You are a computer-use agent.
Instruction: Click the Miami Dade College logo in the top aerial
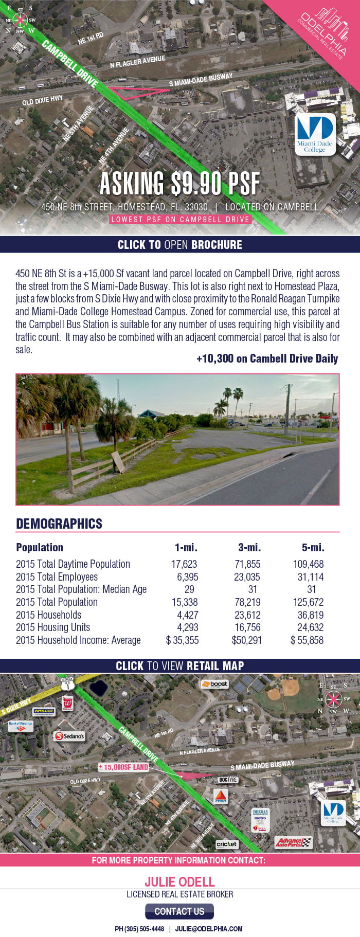coord(315,134)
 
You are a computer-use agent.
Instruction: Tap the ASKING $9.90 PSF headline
coord(179,183)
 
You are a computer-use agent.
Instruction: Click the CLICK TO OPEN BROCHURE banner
coord(179,244)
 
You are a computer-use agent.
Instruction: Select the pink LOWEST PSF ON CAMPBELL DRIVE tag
coord(179,220)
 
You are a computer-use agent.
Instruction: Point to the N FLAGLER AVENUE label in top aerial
coord(137,62)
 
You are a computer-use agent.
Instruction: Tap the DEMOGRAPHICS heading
coord(59,524)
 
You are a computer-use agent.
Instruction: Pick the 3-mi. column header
coord(249,547)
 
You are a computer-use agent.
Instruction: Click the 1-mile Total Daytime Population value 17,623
coord(184,564)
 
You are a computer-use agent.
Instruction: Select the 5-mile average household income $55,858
coord(307,640)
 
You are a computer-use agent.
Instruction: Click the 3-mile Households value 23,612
coord(247,615)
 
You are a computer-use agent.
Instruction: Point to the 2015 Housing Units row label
coord(53,627)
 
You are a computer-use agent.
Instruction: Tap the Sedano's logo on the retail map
coord(69,736)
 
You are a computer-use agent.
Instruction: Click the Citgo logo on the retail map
coord(221,797)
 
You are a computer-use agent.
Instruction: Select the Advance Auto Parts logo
coord(293,842)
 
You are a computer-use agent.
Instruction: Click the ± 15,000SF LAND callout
coord(123,767)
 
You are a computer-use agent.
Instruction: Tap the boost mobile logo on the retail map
coord(214,684)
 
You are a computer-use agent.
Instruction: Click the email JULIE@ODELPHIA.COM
coord(209,929)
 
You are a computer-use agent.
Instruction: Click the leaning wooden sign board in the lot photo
coord(118,462)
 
